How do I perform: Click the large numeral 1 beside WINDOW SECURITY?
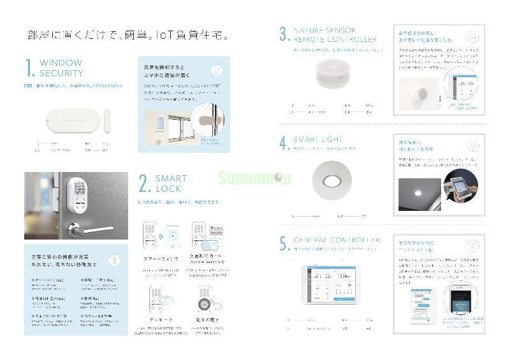(x=29, y=68)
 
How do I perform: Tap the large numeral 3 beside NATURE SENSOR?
(x=284, y=34)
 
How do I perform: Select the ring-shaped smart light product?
(x=333, y=182)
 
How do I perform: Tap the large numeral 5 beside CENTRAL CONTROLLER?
(x=284, y=244)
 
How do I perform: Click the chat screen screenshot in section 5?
(x=421, y=306)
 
